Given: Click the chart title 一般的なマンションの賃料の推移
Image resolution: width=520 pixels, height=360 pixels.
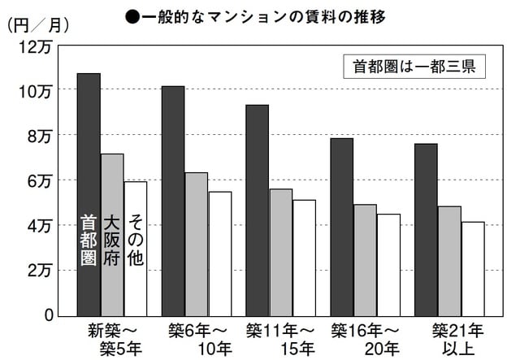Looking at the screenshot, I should (267, 15).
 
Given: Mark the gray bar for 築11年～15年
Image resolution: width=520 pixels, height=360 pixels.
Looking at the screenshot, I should (281, 252).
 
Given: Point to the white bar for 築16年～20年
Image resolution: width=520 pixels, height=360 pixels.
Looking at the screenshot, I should (388, 265).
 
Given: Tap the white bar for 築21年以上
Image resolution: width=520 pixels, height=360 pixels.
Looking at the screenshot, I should (473, 268).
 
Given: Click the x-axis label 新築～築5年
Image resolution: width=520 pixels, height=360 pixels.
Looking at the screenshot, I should (113, 340).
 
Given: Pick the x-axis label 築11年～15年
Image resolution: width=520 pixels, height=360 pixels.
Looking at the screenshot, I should (280, 340).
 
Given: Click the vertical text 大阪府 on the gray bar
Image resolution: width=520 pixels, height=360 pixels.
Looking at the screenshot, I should (112, 241).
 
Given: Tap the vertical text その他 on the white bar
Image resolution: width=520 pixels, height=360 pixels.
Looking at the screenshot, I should (136, 241).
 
